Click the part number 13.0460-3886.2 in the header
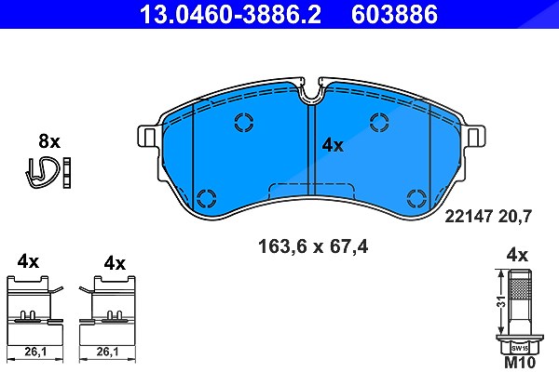(x=230, y=14)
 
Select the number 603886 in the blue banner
(x=394, y=14)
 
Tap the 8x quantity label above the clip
(x=49, y=141)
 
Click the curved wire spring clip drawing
(x=42, y=172)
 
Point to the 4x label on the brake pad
(x=333, y=145)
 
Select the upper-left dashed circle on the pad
(x=244, y=122)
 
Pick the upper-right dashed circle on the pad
(x=379, y=122)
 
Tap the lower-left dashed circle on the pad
(x=207, y=198)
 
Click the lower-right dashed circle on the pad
(x=416, y=198)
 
